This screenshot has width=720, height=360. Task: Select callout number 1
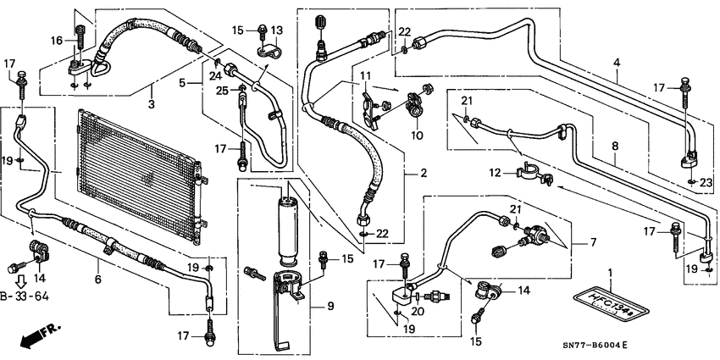[x=610, y=273]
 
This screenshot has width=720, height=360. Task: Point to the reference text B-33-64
[x=25, y=296]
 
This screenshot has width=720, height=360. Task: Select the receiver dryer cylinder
[x=288, y=230]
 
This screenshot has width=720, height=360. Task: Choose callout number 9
[x=330, y=306]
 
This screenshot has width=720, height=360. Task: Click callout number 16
[x=57, y=42]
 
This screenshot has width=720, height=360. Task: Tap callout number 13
[x=277, y=30]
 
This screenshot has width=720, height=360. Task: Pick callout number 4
[x=616, y=63]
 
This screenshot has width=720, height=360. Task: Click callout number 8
[x=615, y=147]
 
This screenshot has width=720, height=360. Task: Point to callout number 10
[x=418, y=136]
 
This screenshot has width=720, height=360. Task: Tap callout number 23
[x=705, y=182]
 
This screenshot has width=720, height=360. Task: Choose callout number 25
[x=222, y=91]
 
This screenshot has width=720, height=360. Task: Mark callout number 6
[x=98, y=280]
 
